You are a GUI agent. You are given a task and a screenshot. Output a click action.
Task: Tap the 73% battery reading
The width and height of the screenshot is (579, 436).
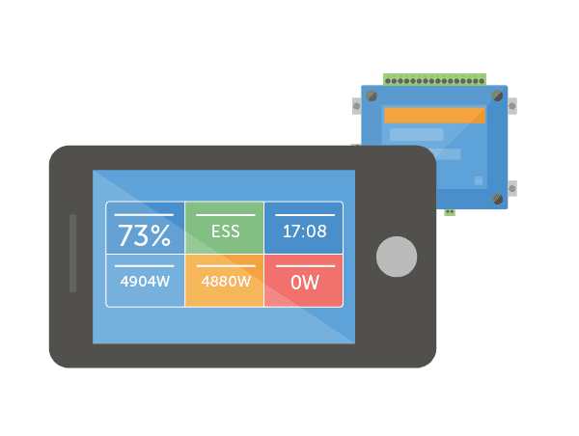(144, 234)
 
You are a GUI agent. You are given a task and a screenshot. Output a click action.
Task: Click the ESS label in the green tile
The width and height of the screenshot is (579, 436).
(224, 232)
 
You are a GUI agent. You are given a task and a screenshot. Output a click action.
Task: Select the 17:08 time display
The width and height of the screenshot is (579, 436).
(303, 232)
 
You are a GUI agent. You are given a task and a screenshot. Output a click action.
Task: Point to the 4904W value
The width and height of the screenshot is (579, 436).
(145, 282)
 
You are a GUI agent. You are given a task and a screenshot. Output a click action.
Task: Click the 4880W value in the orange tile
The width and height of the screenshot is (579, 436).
(224, 282)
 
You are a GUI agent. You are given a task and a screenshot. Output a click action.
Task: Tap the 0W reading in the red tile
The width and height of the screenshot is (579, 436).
(303, 283)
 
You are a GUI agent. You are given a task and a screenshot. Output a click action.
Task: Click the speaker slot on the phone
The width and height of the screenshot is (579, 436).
(72, 253)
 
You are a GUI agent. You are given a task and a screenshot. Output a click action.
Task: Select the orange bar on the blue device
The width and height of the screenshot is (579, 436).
(434, 115)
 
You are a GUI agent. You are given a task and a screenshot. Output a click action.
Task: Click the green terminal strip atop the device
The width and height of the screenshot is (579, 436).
(434, 79)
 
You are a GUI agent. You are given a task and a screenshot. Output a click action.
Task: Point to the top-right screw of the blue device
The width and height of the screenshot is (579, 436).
(497, 95)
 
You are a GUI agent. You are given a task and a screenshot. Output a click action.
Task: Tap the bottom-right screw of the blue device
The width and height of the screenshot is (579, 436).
(497, 199)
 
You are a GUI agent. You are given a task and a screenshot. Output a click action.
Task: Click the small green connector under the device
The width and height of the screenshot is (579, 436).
(450, 212)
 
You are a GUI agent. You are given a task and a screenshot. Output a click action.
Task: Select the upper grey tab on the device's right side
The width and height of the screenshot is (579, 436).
(510, 105)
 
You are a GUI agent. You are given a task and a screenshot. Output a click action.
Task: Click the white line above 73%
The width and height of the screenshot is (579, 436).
(144, 215)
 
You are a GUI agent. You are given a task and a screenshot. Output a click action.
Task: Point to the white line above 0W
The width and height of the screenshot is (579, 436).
(303, 265)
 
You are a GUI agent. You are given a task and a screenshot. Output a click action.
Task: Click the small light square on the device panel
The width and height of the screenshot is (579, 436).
(478, 180)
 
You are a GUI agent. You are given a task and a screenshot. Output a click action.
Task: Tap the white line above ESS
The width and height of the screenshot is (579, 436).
(224, 215)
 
